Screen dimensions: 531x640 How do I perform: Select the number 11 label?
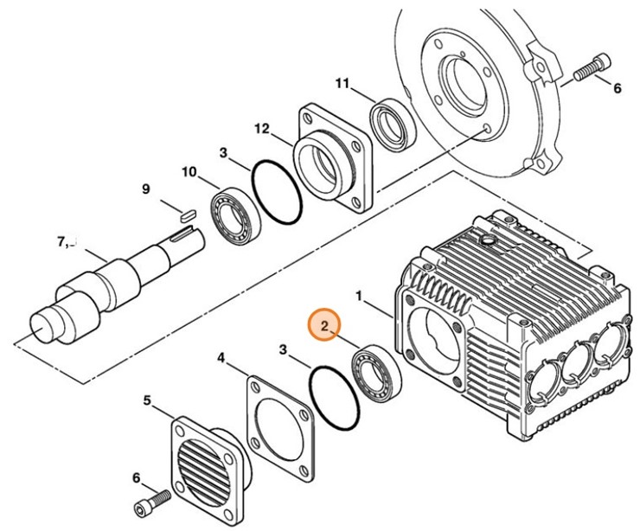pyautogui.click(x=342, y=84)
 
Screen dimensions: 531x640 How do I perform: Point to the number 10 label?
pyautogui.click(x=189, y=172)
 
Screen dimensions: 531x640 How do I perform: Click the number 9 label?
pyautogui.click(x=145, y=189)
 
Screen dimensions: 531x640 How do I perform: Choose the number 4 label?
pyautogui.click(x=221, y=357)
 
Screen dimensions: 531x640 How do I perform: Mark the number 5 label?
pyautogui.click(x=146, y=400)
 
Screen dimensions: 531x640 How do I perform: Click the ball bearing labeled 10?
pyautogui.click(x=233, y=218)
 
